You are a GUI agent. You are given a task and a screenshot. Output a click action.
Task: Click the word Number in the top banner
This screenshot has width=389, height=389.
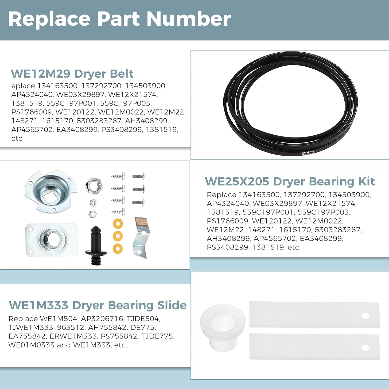coord(189,19)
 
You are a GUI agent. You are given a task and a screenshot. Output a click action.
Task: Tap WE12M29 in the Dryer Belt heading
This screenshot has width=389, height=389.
coord(40,74)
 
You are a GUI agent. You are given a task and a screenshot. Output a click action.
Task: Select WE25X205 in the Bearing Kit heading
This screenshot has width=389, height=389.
coord(237,182)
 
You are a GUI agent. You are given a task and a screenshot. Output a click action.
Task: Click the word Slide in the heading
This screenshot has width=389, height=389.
coord(172,305)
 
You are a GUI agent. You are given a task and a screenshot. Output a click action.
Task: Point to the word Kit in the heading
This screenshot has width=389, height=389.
coord(367,182)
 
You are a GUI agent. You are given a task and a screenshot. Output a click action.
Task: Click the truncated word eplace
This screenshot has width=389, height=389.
coord(23,86)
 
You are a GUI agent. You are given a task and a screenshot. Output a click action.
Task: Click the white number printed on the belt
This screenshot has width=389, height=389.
coord(307,152)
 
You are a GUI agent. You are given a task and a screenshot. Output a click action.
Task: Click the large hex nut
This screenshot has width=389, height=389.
coord(94,185)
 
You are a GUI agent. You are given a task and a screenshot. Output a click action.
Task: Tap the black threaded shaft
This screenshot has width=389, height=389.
coord(96,245)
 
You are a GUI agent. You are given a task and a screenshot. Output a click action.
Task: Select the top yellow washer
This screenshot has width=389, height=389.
coord(118,224)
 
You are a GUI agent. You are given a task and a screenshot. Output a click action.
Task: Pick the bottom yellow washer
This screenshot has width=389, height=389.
coord(118,248)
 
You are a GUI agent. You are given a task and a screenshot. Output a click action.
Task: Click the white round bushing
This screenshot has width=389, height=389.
coord(222,328)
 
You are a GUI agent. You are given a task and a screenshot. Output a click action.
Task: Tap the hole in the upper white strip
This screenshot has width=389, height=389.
coord(365,316)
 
